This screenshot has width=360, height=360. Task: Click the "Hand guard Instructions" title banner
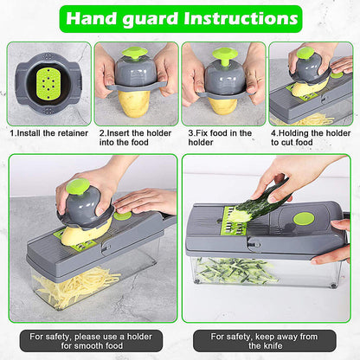click(180, 18)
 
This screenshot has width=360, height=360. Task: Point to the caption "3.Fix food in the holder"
click(220, 138)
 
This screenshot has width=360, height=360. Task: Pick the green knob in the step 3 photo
click(225, 57)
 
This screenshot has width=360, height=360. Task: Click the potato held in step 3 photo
click(223, 105)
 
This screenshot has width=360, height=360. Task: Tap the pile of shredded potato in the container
click(76, 286)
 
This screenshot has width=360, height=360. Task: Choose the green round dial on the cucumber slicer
click(304, 218)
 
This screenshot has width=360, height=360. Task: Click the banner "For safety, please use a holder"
click(90, 341)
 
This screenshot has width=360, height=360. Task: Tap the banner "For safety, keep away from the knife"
click(268, 341)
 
